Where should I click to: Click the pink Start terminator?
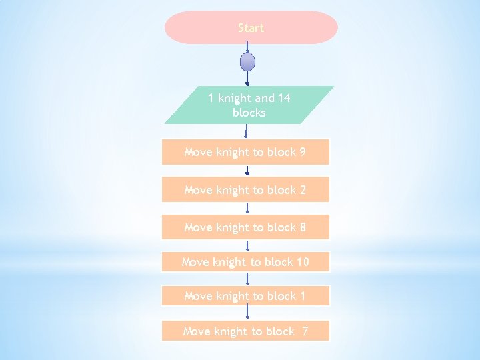point(251,27)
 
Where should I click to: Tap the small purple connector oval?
point(247,62)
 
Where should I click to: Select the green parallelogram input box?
point(249,105)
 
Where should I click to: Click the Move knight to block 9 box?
point(245,152)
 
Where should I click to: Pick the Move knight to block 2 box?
point(245,190)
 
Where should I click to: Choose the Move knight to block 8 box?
point(245,227)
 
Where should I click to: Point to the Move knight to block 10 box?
point(245,262)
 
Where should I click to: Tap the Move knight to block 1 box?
point(245,295)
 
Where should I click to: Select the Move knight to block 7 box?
point(245,331)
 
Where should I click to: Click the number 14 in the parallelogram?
point(284,98)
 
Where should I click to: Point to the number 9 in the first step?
point(303,152)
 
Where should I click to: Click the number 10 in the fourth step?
point(303,262)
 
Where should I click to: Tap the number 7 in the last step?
point(305,331)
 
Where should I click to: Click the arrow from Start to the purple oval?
point(247,47)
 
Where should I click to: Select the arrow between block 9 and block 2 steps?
point(247,171)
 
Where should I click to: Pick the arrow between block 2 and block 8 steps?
point(247,208)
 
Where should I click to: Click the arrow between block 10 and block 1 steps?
point(247,279)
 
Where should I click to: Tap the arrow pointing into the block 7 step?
point(247,313)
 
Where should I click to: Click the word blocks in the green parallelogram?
point(249,113)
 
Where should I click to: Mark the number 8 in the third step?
point(303,227)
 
